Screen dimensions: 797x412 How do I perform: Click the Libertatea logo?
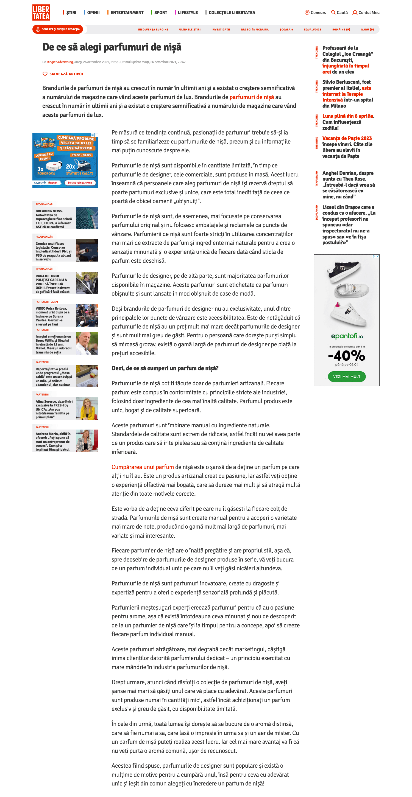pos(41,12)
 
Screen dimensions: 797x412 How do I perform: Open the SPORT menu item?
pos(160,13)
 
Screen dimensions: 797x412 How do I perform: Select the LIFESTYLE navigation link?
pos(188,13)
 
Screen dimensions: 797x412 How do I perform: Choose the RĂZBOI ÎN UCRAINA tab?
pos(255,30)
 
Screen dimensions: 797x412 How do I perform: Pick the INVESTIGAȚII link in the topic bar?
pos(221,30)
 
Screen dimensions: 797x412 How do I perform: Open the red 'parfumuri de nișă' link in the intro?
pos(252,97)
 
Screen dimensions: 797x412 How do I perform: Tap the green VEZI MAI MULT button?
pos(347,377)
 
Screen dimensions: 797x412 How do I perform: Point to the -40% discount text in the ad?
pos(347,356)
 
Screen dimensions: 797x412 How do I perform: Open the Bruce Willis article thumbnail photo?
pos(87,343)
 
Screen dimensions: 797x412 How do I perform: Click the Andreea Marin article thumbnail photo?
pos(87,440)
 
